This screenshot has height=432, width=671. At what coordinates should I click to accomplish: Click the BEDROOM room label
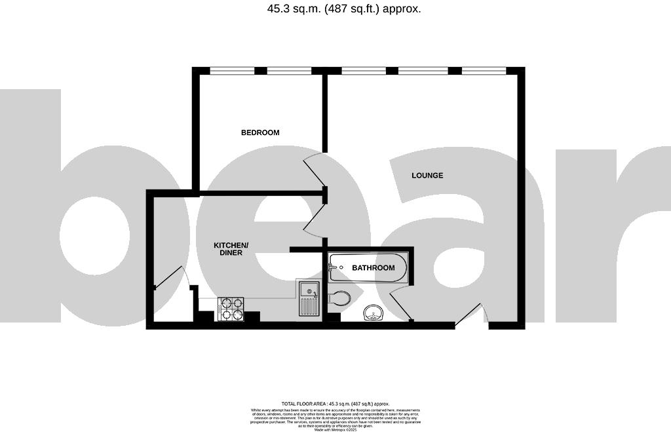click(x=260, y=132)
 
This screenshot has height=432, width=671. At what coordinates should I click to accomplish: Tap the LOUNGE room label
click(x=427, y=175)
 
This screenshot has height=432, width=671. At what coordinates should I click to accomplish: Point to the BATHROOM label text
click(x=374, y=267)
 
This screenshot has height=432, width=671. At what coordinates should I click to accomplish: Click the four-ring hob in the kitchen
click(x=231, y=309)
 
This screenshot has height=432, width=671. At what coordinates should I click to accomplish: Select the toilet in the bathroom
click(x=339, y=299)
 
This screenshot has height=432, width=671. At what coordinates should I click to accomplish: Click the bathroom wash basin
click(x=374, y=315)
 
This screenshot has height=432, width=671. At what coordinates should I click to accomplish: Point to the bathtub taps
click(x=334, y=267)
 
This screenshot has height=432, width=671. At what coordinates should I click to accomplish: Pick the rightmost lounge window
click(x=484, y=70)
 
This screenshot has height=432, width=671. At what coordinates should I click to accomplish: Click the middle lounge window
click(x=423, y=70)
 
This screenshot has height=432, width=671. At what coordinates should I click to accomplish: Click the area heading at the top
click(x=335, y=9)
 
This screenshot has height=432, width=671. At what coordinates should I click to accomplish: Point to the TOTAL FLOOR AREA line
click(x=335, y=404)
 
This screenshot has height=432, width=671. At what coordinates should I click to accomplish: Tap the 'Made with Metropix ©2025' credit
click(x=335, y=429)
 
